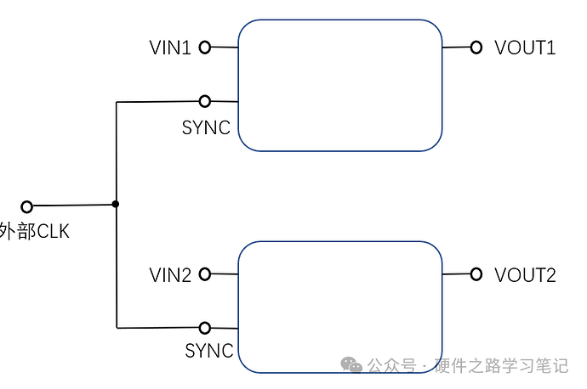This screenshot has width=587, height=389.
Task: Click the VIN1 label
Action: [170, 48]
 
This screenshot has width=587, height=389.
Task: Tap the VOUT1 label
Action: [525, 48]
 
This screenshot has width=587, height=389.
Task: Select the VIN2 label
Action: [170, 275]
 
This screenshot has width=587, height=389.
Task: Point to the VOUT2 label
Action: [525, 275]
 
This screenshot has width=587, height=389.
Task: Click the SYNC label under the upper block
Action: [206, 128]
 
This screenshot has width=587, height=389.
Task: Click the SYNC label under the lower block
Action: [209, 351]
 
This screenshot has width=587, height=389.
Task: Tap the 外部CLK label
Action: [34, 231]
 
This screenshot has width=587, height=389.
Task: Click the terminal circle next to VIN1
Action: [205, 48]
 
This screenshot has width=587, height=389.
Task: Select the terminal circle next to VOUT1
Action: [476, 48]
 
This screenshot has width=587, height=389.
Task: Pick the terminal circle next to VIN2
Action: [205, 274]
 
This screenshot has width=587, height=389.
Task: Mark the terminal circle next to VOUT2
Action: [476, 274]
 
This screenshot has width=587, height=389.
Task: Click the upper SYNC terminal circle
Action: [205, 101]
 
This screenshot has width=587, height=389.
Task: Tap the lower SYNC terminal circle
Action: [205, 328]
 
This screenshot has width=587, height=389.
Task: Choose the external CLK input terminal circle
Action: [26, 206]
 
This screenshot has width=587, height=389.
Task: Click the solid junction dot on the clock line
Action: [116, 204]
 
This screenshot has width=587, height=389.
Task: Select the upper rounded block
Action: [339, 85]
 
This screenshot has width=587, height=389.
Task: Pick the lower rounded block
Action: [339, 307]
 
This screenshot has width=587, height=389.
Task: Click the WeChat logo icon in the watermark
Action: [351, 365]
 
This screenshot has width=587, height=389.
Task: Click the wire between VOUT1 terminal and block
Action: [456, 48]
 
